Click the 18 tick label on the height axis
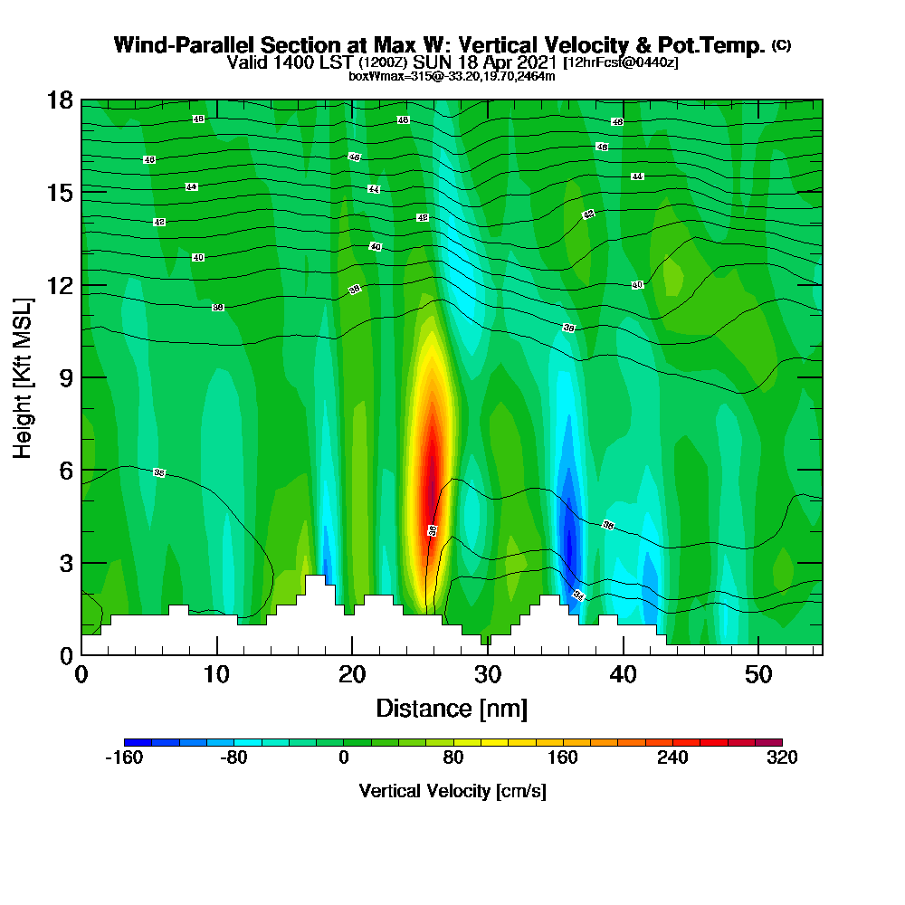coord(60,100)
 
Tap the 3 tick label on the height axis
coord(65,563)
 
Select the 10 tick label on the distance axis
coord(216,674)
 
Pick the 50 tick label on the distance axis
coord(758,674)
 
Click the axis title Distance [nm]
coord(452,707)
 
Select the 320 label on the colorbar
coord(782,758)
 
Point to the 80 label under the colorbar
coord(453,758)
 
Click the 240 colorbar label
coord(672,758)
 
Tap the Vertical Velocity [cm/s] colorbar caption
coord(452,791)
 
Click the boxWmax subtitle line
coord(452,76)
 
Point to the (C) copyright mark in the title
coord(781,45)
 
